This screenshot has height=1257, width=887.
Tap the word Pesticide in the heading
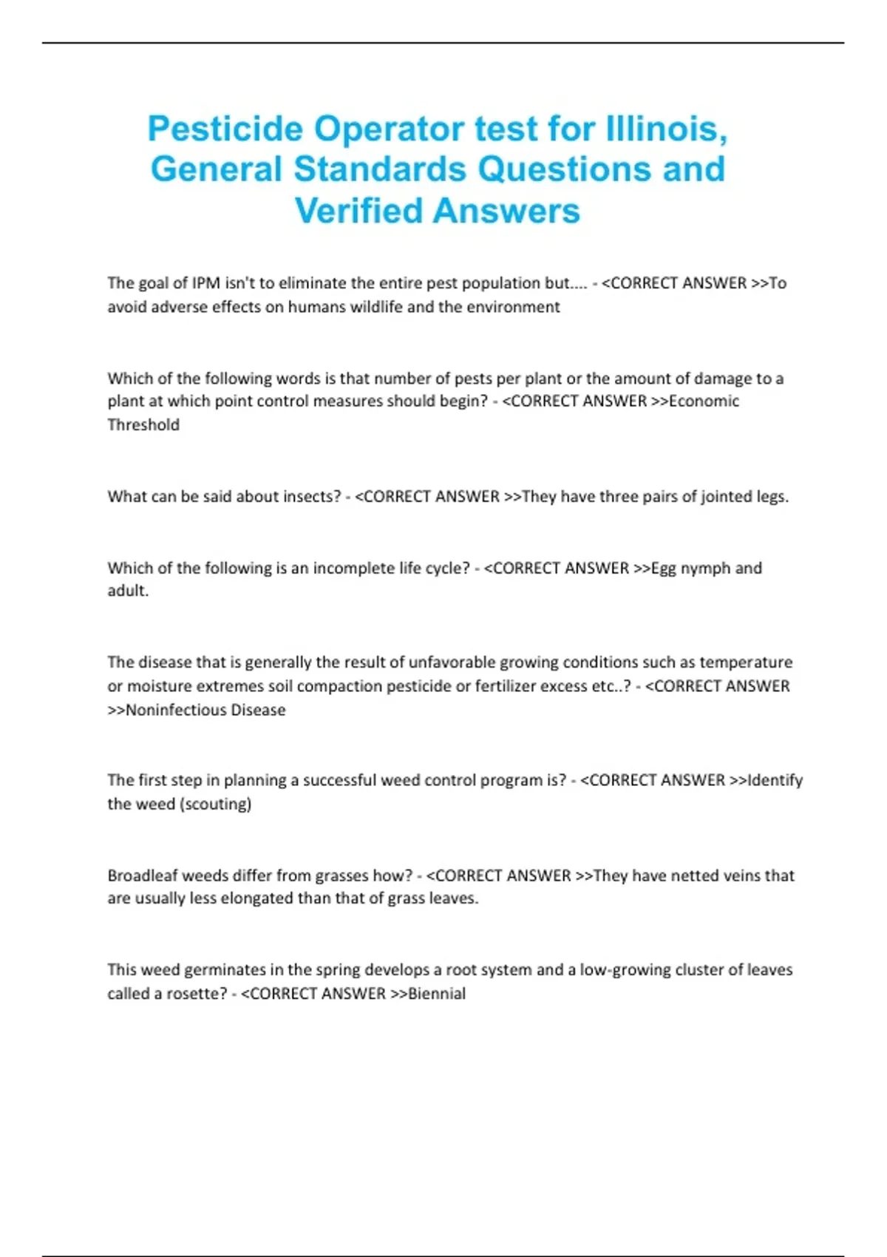(x=225, y=129)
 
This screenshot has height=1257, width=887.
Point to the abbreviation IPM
(x=206, y=283)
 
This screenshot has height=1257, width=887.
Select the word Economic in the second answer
(x=703, y=402)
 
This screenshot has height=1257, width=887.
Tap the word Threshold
(x=143, y=425)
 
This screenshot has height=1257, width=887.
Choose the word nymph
(x=704, y=569)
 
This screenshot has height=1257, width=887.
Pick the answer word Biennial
(x=437, y=994)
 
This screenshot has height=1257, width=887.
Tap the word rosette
(x=196, y=994)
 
